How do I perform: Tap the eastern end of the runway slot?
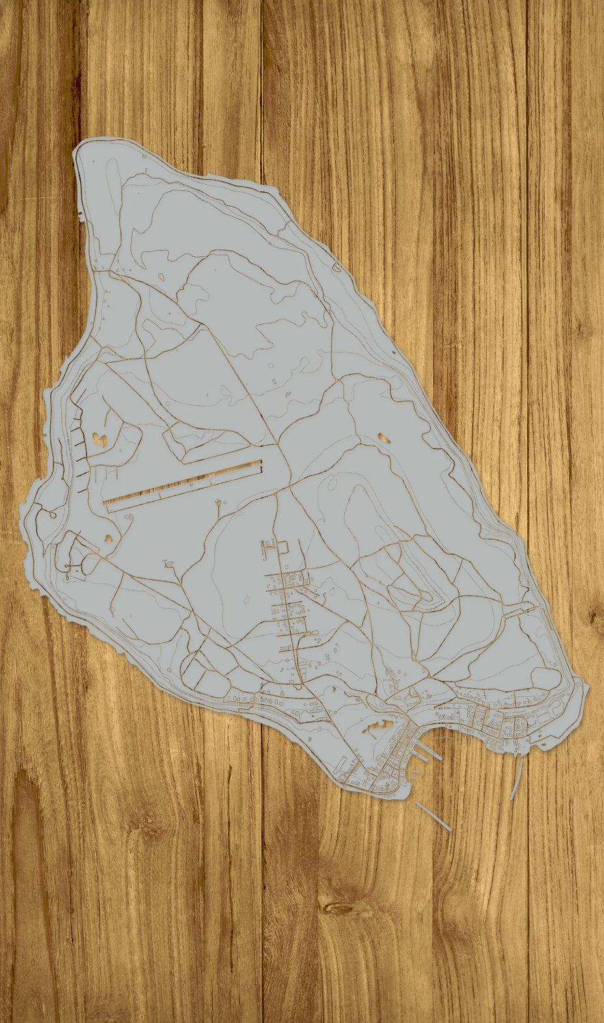tap(260, 464)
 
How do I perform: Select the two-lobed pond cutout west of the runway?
tap(100, 440)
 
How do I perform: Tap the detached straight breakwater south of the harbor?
tap(433, 816)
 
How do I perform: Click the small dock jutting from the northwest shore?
tap(81, 215)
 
